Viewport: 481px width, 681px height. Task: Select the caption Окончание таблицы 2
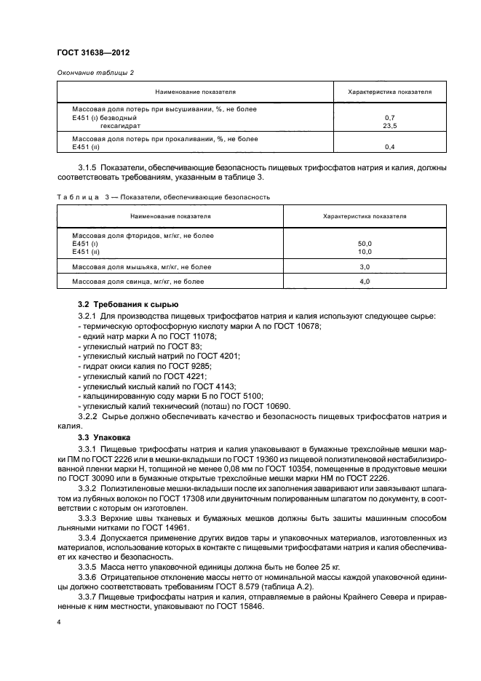[95, 72]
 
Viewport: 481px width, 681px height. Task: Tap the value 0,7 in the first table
[389, 117]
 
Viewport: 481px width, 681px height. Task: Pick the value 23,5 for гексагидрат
[389, 124]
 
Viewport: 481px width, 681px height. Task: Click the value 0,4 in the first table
[389, 146]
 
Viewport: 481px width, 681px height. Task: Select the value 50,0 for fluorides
[365, 243]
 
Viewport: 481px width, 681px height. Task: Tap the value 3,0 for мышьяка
[365, 267]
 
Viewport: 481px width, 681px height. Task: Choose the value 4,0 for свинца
[365, 281]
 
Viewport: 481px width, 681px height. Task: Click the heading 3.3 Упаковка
[103, 437]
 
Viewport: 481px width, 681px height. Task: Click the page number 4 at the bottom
[58, 623]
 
